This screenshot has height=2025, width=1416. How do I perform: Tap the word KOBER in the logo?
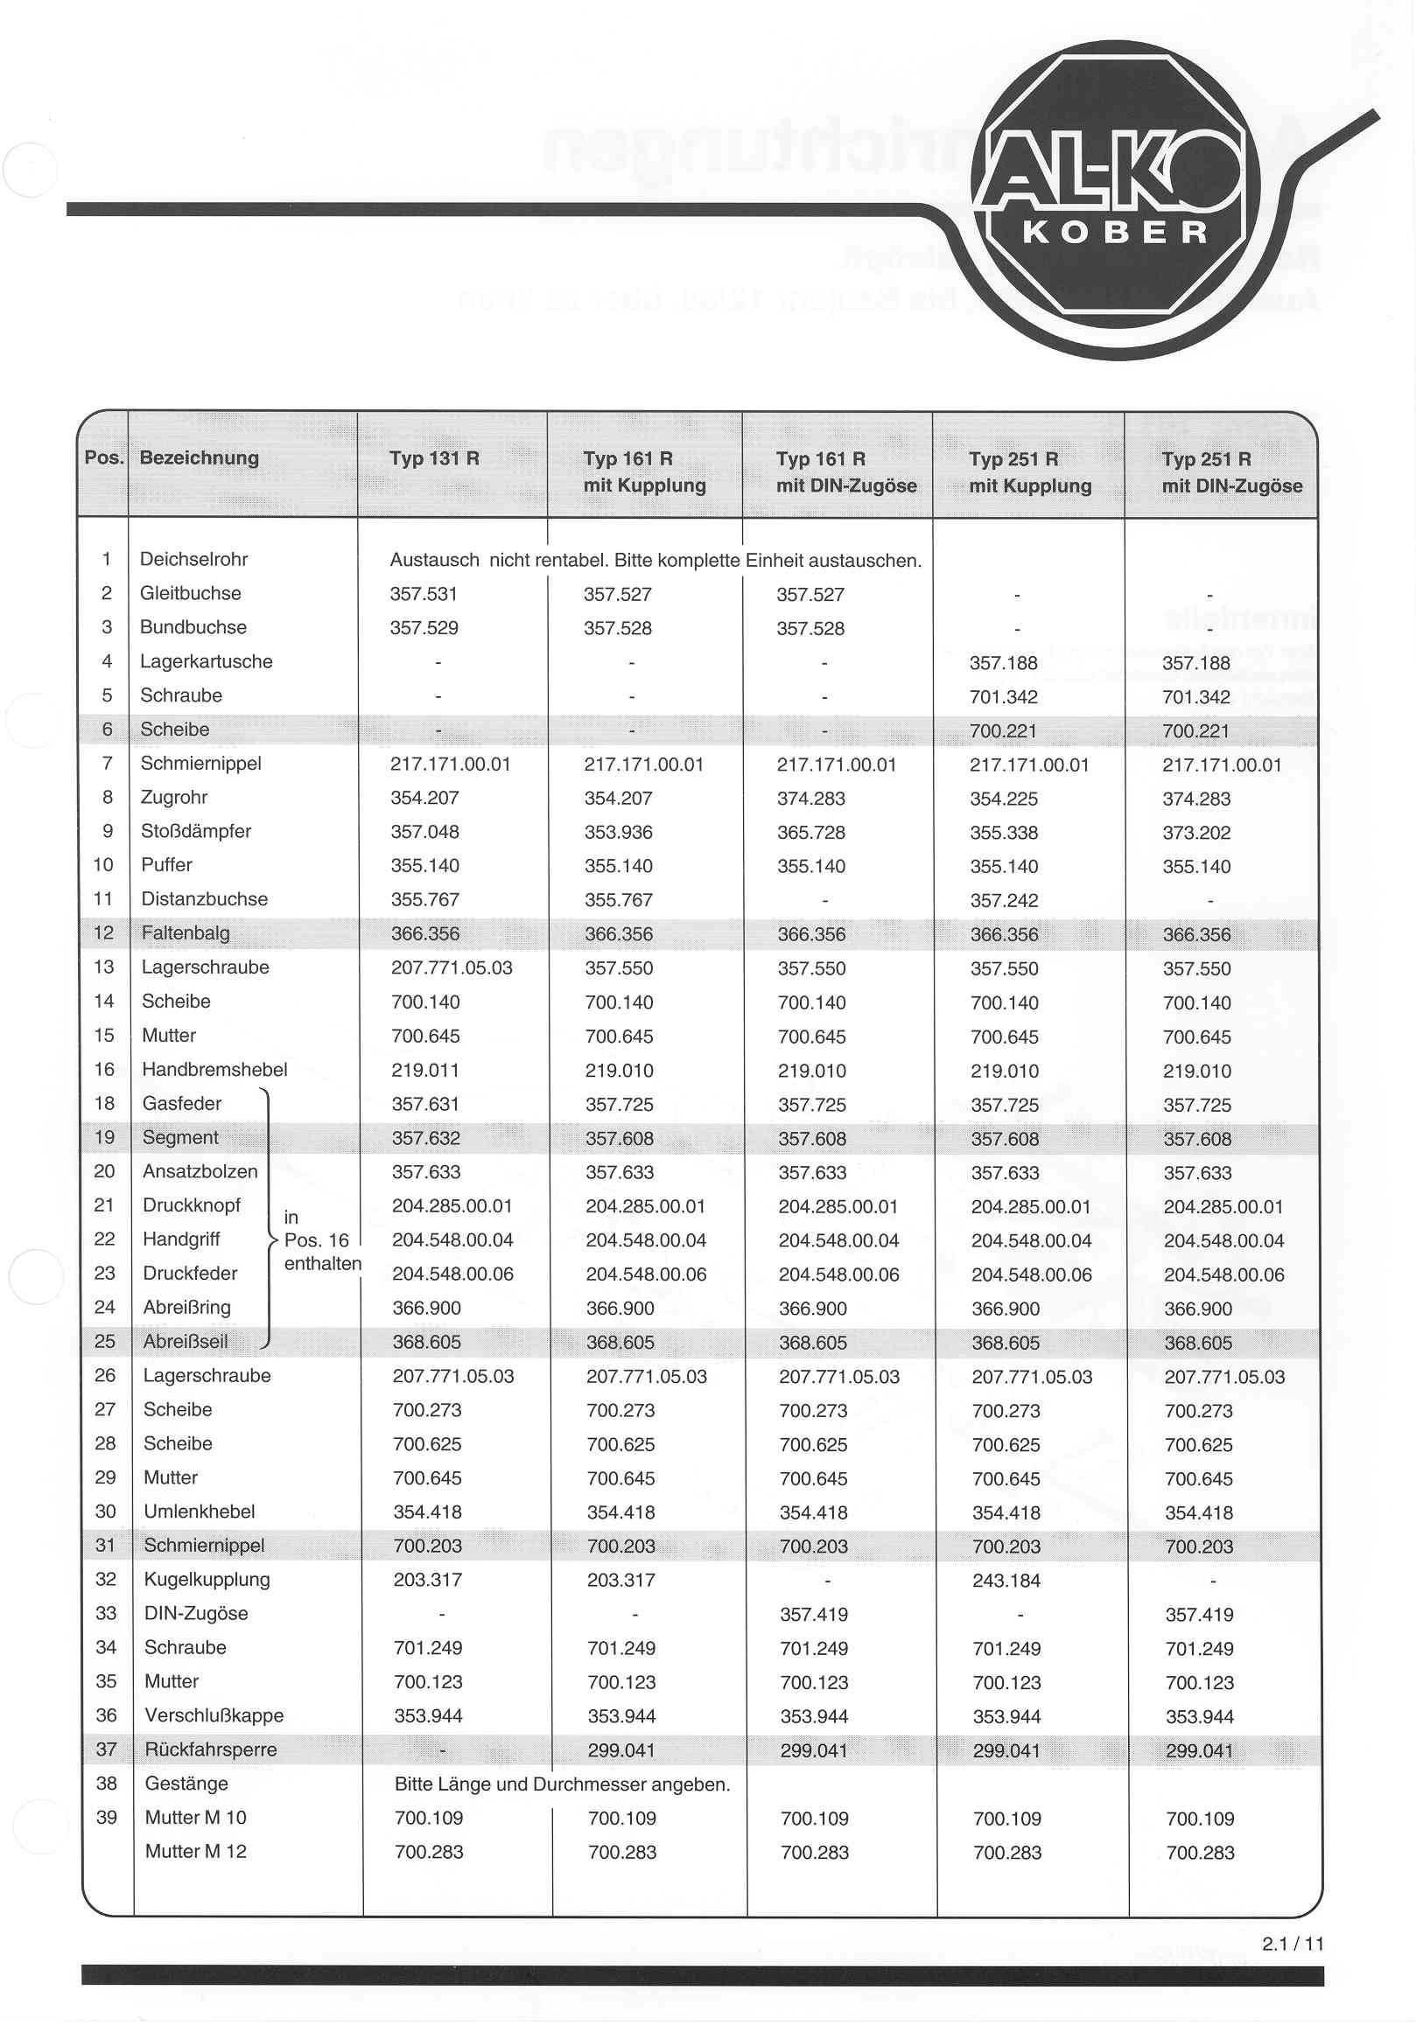[1115, 233]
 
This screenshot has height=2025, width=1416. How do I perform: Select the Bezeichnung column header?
[200, 457]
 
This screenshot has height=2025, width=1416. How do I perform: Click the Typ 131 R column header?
[434, 458]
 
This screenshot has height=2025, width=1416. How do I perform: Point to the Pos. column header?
[103, 457]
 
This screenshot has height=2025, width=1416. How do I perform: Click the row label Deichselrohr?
[194, 559]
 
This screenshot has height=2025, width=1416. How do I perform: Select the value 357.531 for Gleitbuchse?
[424, 595]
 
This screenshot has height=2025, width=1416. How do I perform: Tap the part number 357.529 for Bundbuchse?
[424, 628]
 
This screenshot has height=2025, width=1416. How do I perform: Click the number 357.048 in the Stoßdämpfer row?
[425, 832]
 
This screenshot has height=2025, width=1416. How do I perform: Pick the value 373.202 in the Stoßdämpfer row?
[1196, 833]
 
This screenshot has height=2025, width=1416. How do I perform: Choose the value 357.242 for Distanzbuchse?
[1004, 900]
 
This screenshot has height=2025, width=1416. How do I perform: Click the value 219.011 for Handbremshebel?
[425, 1071]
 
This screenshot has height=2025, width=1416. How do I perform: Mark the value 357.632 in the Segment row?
[426, 1139]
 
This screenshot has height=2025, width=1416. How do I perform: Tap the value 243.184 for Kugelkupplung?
[1006, 1581]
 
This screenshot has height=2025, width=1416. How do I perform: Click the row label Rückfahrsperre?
[211, 1749]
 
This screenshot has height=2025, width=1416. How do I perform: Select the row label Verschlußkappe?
[214, 1715]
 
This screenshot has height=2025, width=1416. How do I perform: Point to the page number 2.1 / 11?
[1293, 1944]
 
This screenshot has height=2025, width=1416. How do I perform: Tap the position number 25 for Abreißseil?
[105, 1342]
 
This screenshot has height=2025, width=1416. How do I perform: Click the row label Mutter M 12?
[196, 1851]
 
